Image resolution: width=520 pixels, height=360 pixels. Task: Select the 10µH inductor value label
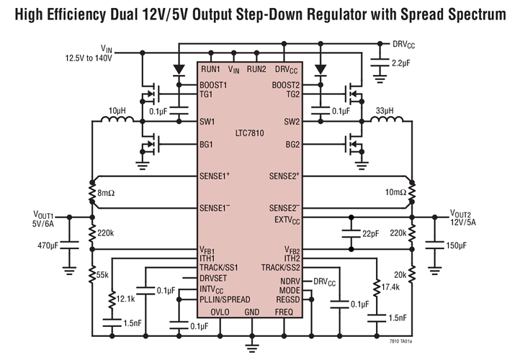click(117, 110)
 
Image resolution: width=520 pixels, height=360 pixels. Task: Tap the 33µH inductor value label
click(385, 110)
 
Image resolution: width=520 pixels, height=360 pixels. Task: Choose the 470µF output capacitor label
click(48, 246)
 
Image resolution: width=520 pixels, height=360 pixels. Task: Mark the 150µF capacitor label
click(457, 246)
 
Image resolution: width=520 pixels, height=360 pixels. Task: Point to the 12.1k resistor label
click(126, 298)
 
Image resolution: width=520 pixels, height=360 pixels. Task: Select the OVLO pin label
click(220, 312)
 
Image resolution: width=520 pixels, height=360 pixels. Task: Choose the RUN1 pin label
click(211, 69)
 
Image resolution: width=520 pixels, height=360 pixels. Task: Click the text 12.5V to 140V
click(89, 57)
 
